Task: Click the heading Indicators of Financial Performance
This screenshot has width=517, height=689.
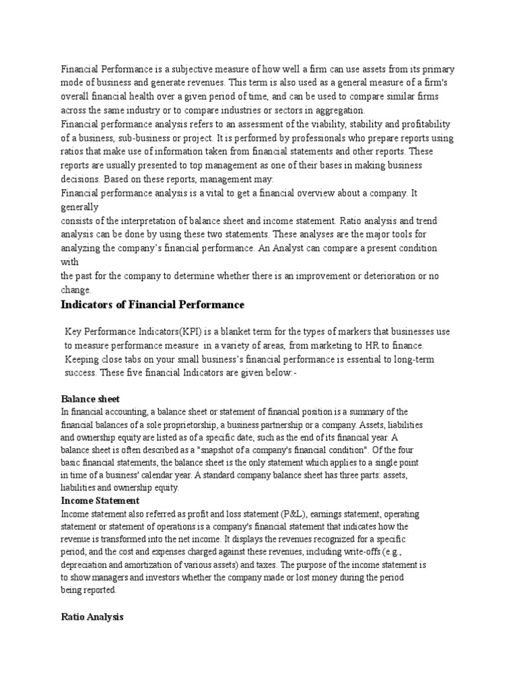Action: tap(152, 305)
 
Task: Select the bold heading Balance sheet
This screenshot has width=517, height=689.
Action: tap(90, 399)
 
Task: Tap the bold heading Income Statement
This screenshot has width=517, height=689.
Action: tap(100, 501)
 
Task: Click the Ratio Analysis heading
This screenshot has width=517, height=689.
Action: tap(92, 616)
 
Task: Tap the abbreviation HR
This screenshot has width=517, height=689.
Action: tap(362, 345)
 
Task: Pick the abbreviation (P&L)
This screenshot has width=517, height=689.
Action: tap(286, 514)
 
